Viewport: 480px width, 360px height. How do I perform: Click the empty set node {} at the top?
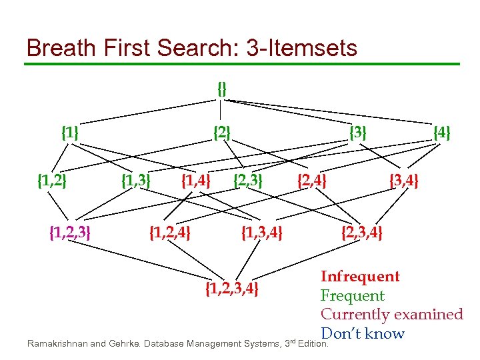(222, 88)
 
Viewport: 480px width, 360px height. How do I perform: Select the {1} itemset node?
(70, 133)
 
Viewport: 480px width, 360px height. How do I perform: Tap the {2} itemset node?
(222, 133)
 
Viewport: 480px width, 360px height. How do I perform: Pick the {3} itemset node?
(359, 133)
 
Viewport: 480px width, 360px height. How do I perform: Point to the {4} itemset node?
(442, 133)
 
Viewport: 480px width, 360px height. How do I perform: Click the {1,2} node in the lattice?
(52, 180)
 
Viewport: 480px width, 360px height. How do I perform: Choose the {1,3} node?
(136, 180)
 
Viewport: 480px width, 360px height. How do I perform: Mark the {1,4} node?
(197, 180)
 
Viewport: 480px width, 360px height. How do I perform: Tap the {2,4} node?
(311, 180)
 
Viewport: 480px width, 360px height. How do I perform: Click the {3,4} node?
(404, 180)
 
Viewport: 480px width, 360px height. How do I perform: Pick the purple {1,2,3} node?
(71, 233)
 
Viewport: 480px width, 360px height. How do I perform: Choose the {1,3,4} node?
(262, 233)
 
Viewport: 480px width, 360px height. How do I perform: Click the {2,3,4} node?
(361, 233)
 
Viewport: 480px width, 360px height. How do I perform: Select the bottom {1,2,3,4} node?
(232, 288)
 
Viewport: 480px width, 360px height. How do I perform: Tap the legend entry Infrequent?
(360, 277)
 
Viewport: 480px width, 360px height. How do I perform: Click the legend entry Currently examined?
(391, 314)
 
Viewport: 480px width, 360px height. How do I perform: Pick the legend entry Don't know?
(362, 333)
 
